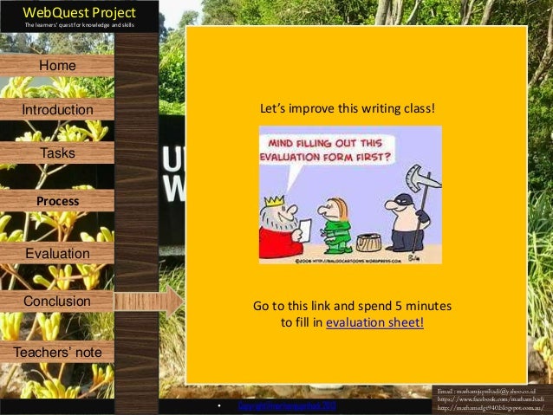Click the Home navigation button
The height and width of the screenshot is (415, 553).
[57, 66]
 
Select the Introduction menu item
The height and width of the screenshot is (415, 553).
[57, 110]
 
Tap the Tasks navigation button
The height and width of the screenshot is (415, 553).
[57, 153]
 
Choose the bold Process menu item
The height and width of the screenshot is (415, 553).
[57, 201]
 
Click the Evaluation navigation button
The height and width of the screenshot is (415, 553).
[57, 254]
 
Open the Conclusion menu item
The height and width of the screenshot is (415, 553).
[57, 301]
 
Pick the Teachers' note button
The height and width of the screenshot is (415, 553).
[57, 353]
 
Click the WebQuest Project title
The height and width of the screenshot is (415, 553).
[67, 12]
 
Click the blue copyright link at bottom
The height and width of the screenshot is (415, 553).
[280, 405]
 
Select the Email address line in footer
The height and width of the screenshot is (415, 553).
[491, 392]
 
